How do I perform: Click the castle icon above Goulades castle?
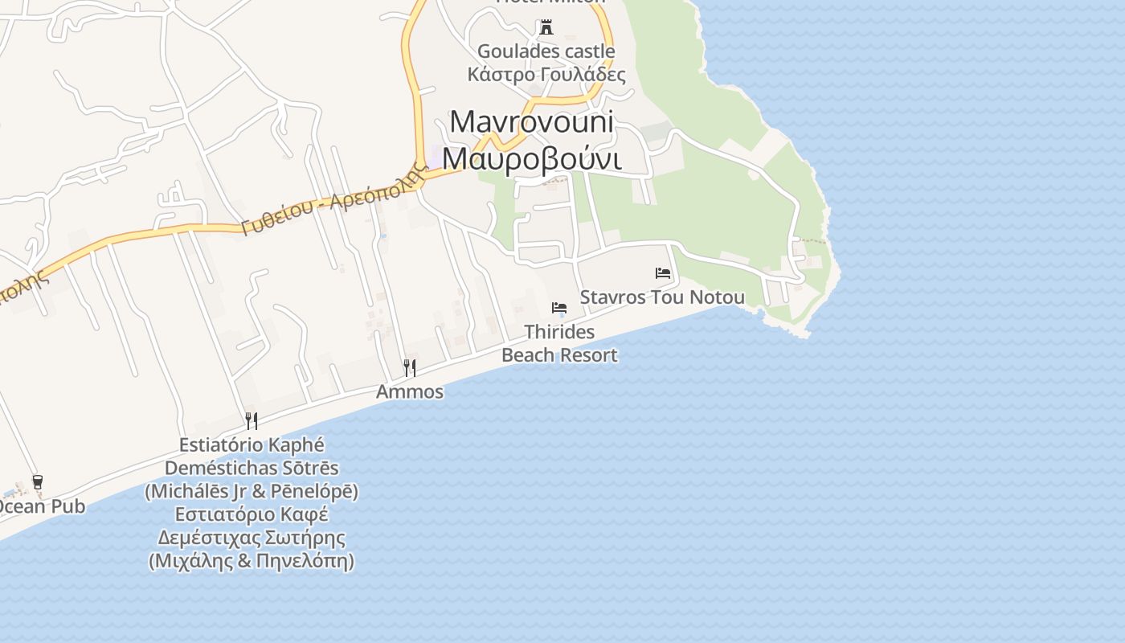click(x=546, y=28)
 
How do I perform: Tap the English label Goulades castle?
click(x=546, y=51)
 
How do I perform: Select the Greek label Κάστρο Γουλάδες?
click(x=546, y=75)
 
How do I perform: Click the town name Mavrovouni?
click(x=532, y=121)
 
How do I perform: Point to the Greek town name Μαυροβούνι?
click(x=532, y=158)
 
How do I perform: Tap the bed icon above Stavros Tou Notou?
click(x=663, y=273)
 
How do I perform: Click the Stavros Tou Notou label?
click(x=662, y=297)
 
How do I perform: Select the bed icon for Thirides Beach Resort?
click(x=559, y=308)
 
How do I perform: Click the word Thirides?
click(x=559, y=332)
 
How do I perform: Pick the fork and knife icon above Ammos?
click(x=410, y=368)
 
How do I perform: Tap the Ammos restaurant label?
click(x=410, y=391)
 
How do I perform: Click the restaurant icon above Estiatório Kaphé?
click(x=252, y=420)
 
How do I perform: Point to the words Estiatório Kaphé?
click(x=252, y=444)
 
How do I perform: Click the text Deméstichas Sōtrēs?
click(x=252, y=468)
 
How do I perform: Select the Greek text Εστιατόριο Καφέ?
click(x=252, y=514)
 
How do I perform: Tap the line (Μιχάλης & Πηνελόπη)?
click(x=252, y=561)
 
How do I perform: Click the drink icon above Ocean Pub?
click(x=37, y=482)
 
